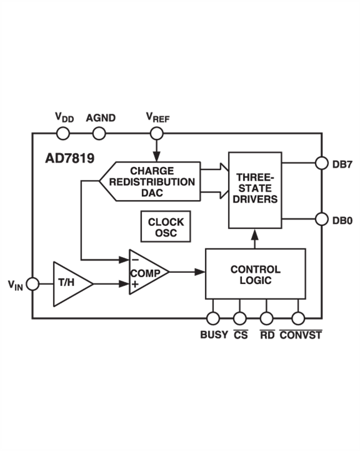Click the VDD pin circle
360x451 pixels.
[63, 134]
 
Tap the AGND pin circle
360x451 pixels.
[99, 134]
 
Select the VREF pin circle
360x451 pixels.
[156, 134]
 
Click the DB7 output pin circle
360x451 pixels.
[321, 163]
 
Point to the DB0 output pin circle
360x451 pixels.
[321, 219]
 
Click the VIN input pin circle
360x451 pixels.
[32, 284]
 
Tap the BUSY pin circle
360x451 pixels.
[213, 319]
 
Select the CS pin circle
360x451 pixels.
[240, 319]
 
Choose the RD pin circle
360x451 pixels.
[266, 319]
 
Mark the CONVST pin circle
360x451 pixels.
[298, 319]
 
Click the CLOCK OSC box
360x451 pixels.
[166, 227]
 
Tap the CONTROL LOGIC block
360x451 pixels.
[256, 274]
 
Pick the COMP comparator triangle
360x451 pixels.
[145, 273]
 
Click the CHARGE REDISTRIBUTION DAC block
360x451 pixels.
[151, 181]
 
